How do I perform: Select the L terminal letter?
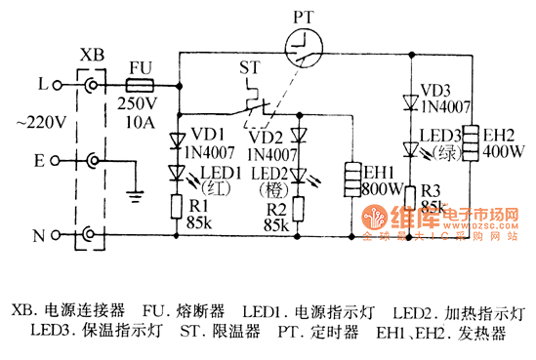click(43, 86)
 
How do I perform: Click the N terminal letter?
click(43, 235)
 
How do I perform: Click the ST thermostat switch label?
click(249, 69)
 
